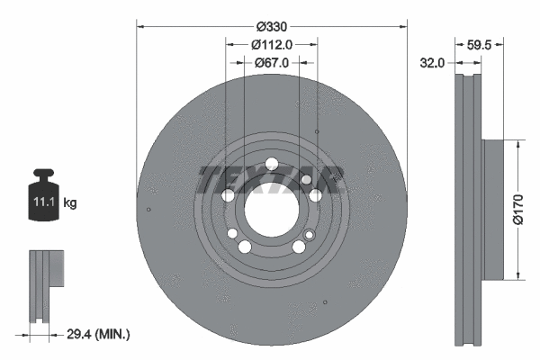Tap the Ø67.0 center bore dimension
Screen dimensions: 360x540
tap(271, 63)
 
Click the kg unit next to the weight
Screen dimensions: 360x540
tap(70, 203)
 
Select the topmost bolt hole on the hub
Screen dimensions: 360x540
tap(271, 164)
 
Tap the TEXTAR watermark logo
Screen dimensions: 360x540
tap(270, 179)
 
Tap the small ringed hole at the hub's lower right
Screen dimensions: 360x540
tap(310, 235)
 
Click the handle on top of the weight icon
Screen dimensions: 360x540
tap(44, 174)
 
